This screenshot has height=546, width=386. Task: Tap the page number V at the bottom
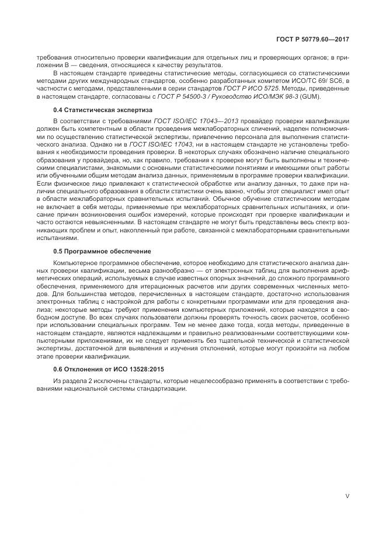pos(347,496)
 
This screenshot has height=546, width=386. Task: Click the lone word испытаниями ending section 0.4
pos(55,238)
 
